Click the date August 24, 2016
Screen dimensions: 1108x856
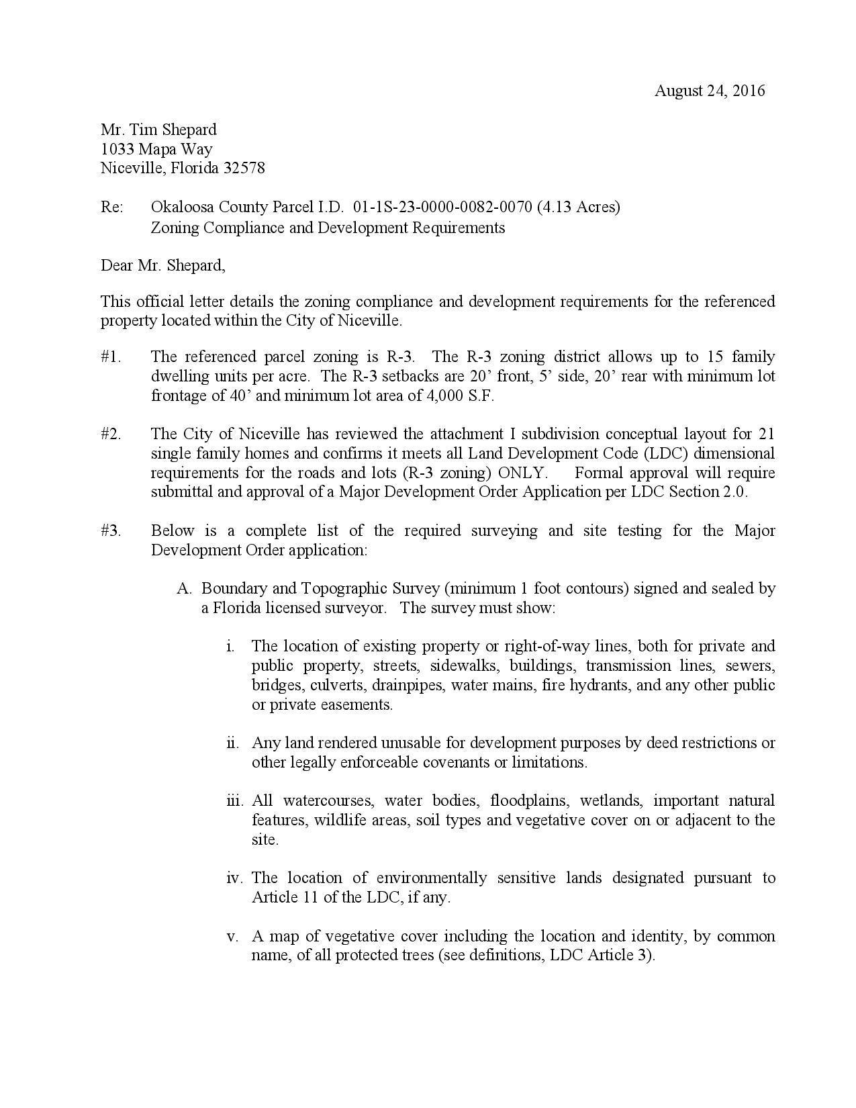pos(709,91)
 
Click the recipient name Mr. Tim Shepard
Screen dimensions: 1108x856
pos(158,130)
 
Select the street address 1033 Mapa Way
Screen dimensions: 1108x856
pos(156,149)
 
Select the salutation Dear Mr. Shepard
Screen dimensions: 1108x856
pos(162,265)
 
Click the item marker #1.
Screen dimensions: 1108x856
pos(111,357)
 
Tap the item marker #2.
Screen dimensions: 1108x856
pos(111,434)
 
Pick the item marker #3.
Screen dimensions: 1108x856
pos(111,530)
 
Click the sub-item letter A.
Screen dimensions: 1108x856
pos(185,589)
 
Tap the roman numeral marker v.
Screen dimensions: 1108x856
pos(234,936)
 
